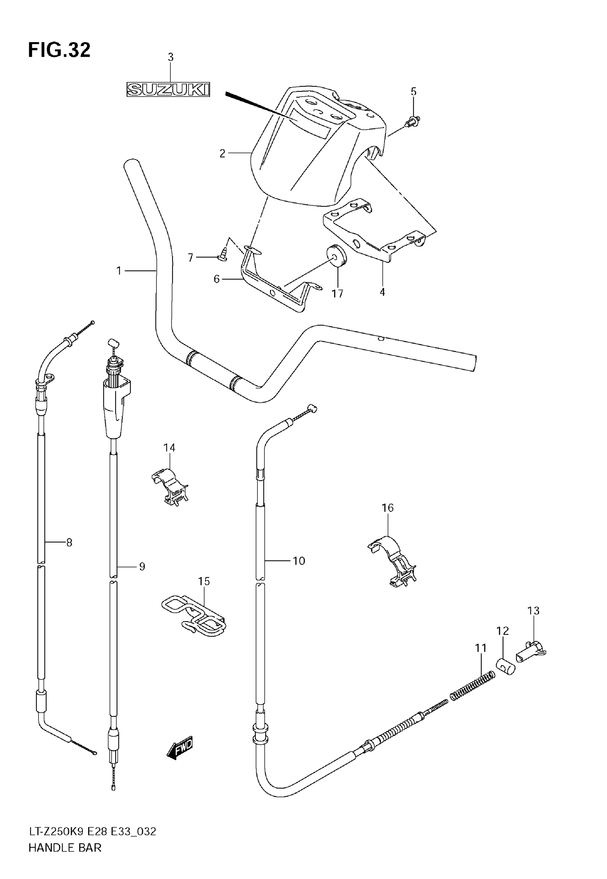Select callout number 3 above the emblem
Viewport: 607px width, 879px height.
pyautogui.click(x=171, y=57)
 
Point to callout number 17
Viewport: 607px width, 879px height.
pyautogui.click(x=337, y=293)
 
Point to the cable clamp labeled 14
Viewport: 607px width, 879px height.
pyautogui.click(x=170, y=487)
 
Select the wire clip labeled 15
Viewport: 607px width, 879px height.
pyautogui.click(x=193, y=617)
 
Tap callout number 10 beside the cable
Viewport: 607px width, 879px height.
pyautogui.click(x=299, y=561)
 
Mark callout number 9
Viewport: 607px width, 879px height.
pyautogui.click(x=142, y=567)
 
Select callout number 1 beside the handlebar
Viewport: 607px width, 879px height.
pyautogui.click(x=119, y=271)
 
